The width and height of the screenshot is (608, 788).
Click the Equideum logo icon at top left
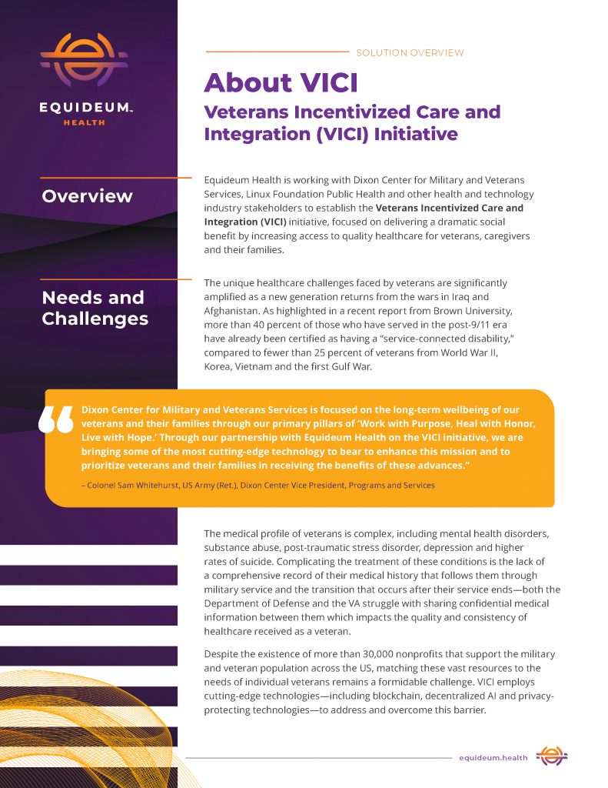tap(84, 59)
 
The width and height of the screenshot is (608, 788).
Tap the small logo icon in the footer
tap(552, 756)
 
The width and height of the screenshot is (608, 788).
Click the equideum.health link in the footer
tap(493, 758)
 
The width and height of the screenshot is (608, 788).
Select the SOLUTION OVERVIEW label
tap(410, 53)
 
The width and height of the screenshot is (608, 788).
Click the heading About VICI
tap(281, 82)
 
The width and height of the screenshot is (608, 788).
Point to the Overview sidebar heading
tap(87, 196)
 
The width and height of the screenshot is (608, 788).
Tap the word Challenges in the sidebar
tap(95, 319)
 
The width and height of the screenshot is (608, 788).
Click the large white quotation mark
tap(57, 421)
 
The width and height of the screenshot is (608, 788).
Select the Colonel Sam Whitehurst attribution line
tap(257, 486)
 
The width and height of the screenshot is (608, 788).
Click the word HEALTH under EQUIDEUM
tap(84, 122)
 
